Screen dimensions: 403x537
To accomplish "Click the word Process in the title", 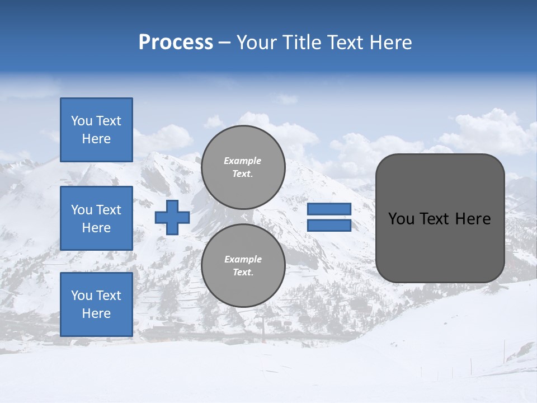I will [x=176, y=43].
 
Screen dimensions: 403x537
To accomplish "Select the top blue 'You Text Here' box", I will [x=96, y=130].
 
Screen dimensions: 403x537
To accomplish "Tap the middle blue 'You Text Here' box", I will [x=96, y=218].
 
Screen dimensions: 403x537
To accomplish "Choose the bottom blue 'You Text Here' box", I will [x=96, y=304].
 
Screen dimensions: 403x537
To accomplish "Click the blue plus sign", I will [x=172, y=217].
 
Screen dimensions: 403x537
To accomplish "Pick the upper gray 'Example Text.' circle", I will [x=243, y=167].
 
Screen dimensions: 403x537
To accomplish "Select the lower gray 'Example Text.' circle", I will [x=243, y=265].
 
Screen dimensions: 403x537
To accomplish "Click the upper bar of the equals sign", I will [x=329, y=209].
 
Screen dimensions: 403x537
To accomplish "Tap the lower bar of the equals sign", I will [x=329, y=226].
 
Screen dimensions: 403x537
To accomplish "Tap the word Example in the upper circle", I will [x=243, y=161].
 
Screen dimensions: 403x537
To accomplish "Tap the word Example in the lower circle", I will [x=243, y=259].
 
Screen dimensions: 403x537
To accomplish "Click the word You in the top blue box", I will [x=82, y=121].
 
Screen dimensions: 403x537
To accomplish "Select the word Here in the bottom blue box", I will [x=96, y=313].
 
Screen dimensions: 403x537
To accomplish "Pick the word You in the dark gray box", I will [x=401, y=219].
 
